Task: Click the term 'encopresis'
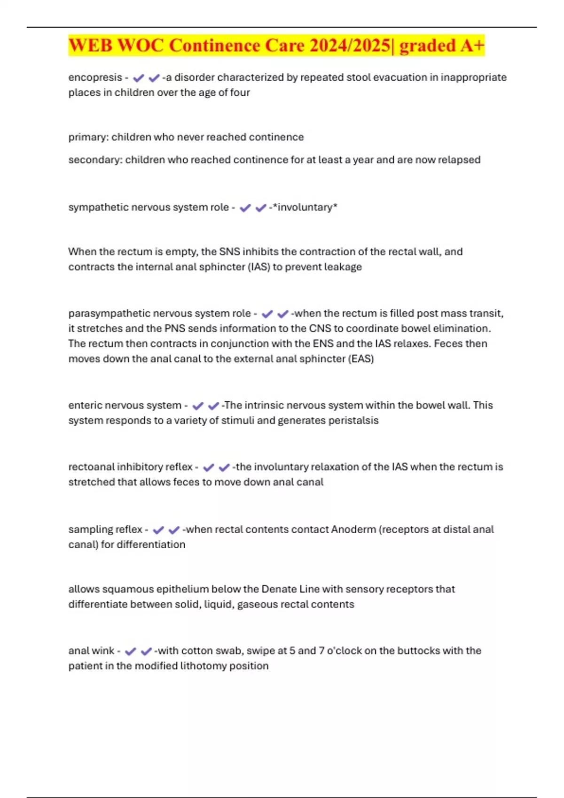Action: point(95,77)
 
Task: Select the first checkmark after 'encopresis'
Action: point(138,78)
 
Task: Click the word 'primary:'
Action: point(88,137)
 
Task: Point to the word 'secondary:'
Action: point(95,160)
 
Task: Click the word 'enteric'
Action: point(84,406)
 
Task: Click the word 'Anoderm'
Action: point(353,529)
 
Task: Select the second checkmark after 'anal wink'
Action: point(146,651)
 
